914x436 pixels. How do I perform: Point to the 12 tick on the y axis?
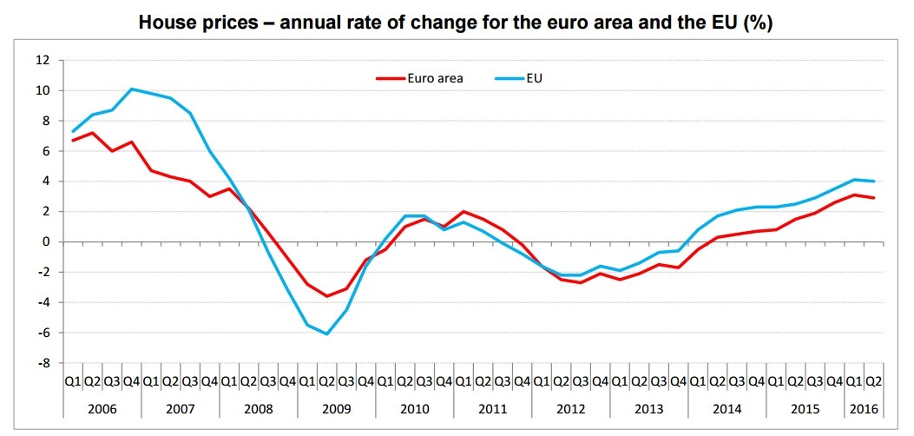coord(43,60)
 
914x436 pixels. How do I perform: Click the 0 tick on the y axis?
coord(46,241)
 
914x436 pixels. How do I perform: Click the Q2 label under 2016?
coord(873,380)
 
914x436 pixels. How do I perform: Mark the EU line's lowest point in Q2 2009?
coord(326,334)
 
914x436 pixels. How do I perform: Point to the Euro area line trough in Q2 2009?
coord(326,296)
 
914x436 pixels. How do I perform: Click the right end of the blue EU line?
coord(873,181)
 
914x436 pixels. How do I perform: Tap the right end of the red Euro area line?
coord(873,198)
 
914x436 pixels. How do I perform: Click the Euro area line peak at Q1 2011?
coord(464,211)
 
